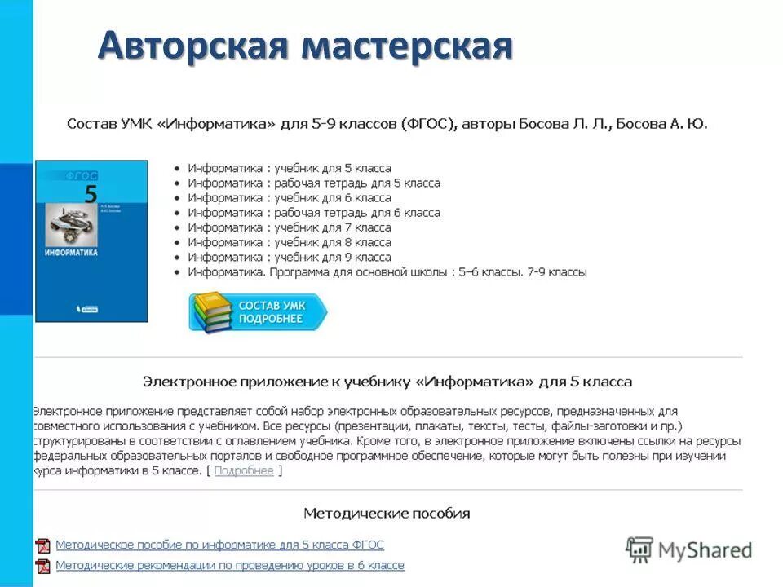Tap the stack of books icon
(210, 312)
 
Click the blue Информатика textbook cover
(91, 240)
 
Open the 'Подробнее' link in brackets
(244, 471)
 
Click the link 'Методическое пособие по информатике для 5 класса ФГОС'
(219, 545)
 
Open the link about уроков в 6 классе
(229, 565)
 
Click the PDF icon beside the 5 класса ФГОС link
(43, 545)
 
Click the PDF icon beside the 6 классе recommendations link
(43, 566)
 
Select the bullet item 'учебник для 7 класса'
(290, 227)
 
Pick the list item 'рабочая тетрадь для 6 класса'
(314, 213)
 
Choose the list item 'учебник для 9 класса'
(290, 257)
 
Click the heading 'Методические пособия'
(387, 514)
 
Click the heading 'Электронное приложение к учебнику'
(387, 382)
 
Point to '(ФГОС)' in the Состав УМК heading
(429, 124)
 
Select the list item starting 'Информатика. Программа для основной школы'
(387, 272)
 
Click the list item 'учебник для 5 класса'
(290, 168)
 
